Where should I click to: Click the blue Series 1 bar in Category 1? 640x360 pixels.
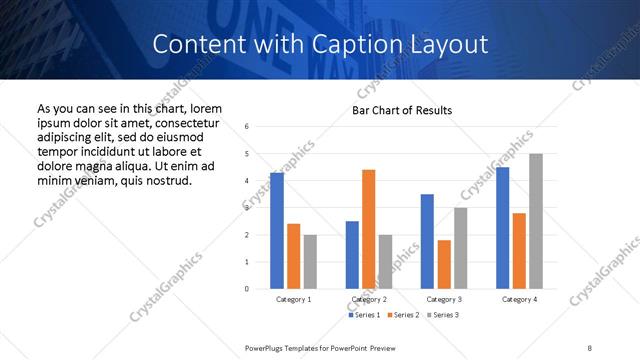pyautogui.click(x=277, y=231)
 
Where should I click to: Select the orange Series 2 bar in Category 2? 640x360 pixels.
pyautogui.click(x=369, y=229)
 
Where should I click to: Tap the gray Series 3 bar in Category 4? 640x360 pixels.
pyautogui.click(x=536, y=221)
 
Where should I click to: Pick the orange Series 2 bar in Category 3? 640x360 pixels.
pyautogui.click(x=444, y=264)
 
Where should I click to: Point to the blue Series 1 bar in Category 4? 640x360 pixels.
pyautogui.click(x=503, y=228)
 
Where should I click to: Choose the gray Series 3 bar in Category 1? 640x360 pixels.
pyautogui.click(x=310, y=262)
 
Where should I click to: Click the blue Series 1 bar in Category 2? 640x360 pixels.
pyautogui.click(x=352, y=255)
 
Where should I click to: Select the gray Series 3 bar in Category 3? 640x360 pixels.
pyautogui.click(x=461, y=248)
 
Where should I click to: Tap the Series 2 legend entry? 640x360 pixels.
pyautogui.click(x=402, y=315)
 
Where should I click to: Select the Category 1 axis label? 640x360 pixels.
pyautogui.click(x=293, y=299)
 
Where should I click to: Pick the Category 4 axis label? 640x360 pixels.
pyautogui.click(x=519, y=299)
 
